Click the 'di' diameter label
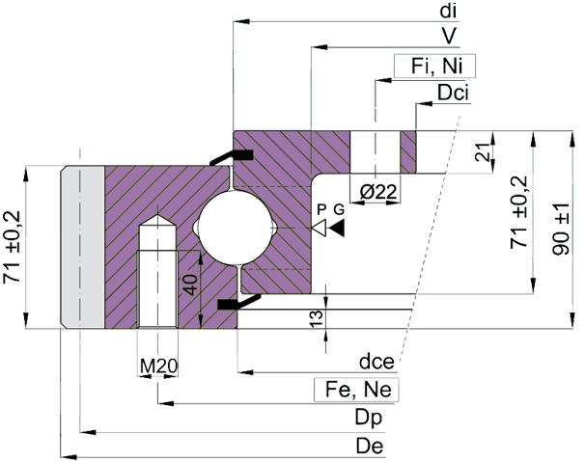coord(448,11)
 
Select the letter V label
coord(449,36)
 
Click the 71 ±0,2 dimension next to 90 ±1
coord(520,212)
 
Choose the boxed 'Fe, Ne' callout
coord(357,390)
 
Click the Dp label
coord(366,419)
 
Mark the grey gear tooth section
coord(83,248)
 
